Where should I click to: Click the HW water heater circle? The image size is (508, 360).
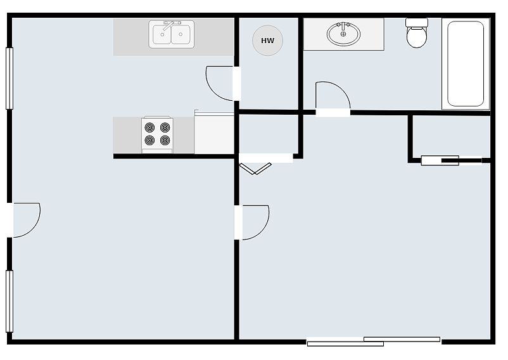click(x=267, y=41)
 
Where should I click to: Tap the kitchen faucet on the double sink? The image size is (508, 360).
click(x=169, y=25)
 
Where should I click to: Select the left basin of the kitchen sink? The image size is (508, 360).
click(x=162, y=34)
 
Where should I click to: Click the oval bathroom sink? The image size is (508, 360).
click(x=343, y=34)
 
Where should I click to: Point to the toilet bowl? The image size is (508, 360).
click(x=417, y=37)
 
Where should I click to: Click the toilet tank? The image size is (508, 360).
click(x=417, y=22)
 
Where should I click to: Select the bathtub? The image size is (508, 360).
click(x=466, y=64)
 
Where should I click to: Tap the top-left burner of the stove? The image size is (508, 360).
click(x=149, y=127)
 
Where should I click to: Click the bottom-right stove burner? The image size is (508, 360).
click(x=165, y=140)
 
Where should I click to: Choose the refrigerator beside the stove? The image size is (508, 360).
click(x=214, y=133)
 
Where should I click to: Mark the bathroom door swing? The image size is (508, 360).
click(x=339, y=87)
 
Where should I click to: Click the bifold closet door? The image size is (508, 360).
click(x=255, y=169)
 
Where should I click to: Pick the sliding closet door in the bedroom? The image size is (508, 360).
click(x=452, y=160)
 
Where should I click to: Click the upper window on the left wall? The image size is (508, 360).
click(x=10, y=79)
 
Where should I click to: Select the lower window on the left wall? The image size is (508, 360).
click(x=10, y=301)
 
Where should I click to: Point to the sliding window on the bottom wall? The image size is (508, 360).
click(x=374, y=342)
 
